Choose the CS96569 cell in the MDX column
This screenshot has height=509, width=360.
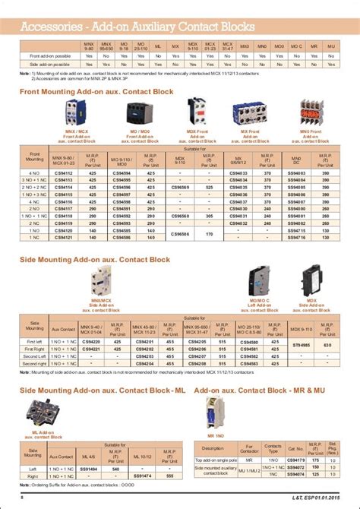(x=199, y=186)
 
